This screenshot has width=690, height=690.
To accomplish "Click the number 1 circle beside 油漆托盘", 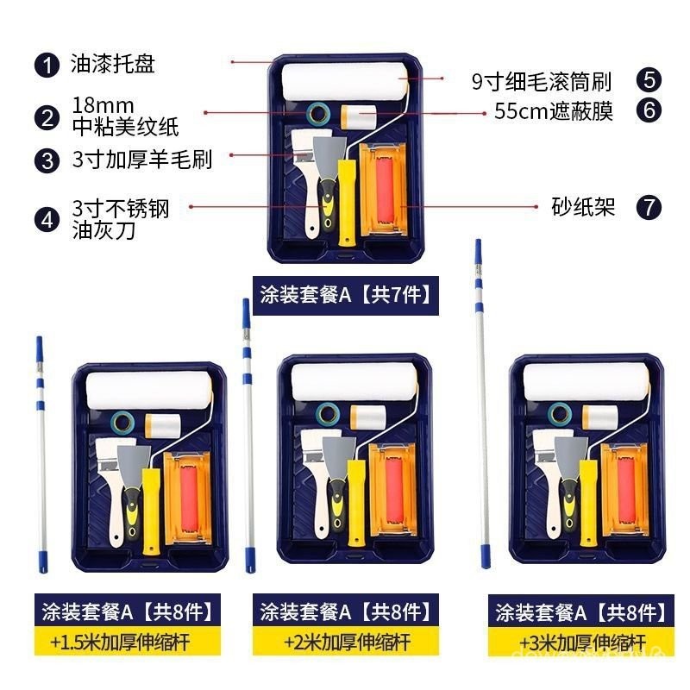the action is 47,66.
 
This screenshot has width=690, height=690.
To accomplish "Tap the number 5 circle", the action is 649,80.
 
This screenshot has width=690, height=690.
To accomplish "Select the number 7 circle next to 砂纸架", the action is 649,207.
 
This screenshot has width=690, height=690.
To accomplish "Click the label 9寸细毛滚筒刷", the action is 542,81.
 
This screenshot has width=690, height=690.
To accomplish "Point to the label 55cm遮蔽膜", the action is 554,111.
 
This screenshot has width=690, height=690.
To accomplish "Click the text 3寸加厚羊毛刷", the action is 142,160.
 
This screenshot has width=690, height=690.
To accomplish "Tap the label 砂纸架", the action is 583,207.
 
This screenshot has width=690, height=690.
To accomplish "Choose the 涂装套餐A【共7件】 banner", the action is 346,295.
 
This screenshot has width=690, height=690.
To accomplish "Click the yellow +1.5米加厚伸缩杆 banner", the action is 127,641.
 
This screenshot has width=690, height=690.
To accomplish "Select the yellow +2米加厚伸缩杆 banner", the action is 346,641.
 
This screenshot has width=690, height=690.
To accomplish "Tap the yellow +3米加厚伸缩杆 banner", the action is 580,642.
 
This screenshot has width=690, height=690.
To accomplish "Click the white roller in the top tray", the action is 344,82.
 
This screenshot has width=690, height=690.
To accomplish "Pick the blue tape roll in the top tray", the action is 318,114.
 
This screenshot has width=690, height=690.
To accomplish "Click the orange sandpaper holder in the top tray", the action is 383,189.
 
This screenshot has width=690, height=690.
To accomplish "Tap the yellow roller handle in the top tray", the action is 347,203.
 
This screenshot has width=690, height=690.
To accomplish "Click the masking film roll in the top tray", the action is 359,116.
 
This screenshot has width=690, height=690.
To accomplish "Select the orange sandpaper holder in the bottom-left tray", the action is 187,498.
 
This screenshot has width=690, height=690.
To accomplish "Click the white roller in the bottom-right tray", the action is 586,381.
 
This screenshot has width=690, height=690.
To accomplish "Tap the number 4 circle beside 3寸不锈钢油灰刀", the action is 47,220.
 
